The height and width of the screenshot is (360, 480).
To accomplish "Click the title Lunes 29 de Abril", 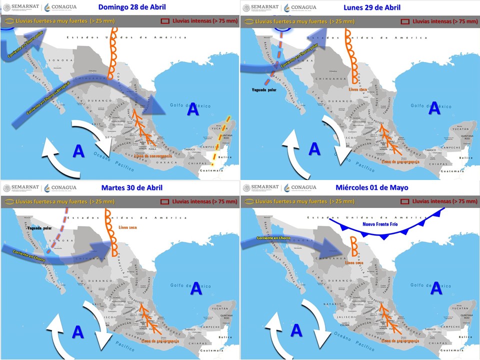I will click(x=372, y=7).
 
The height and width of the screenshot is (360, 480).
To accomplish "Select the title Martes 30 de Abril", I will click(x=132, y=187).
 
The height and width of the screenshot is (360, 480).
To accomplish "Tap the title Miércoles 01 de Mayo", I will click(x=372, y=187).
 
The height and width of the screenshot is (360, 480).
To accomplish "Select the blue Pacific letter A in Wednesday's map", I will click(x=296, y=330).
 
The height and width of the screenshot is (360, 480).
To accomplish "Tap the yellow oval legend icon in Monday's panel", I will click(x=247, y=21).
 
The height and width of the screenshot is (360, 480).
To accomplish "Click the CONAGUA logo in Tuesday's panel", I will click(x=60, y=187).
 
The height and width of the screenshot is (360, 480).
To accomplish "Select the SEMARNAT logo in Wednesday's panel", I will click(x=260, y=187).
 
